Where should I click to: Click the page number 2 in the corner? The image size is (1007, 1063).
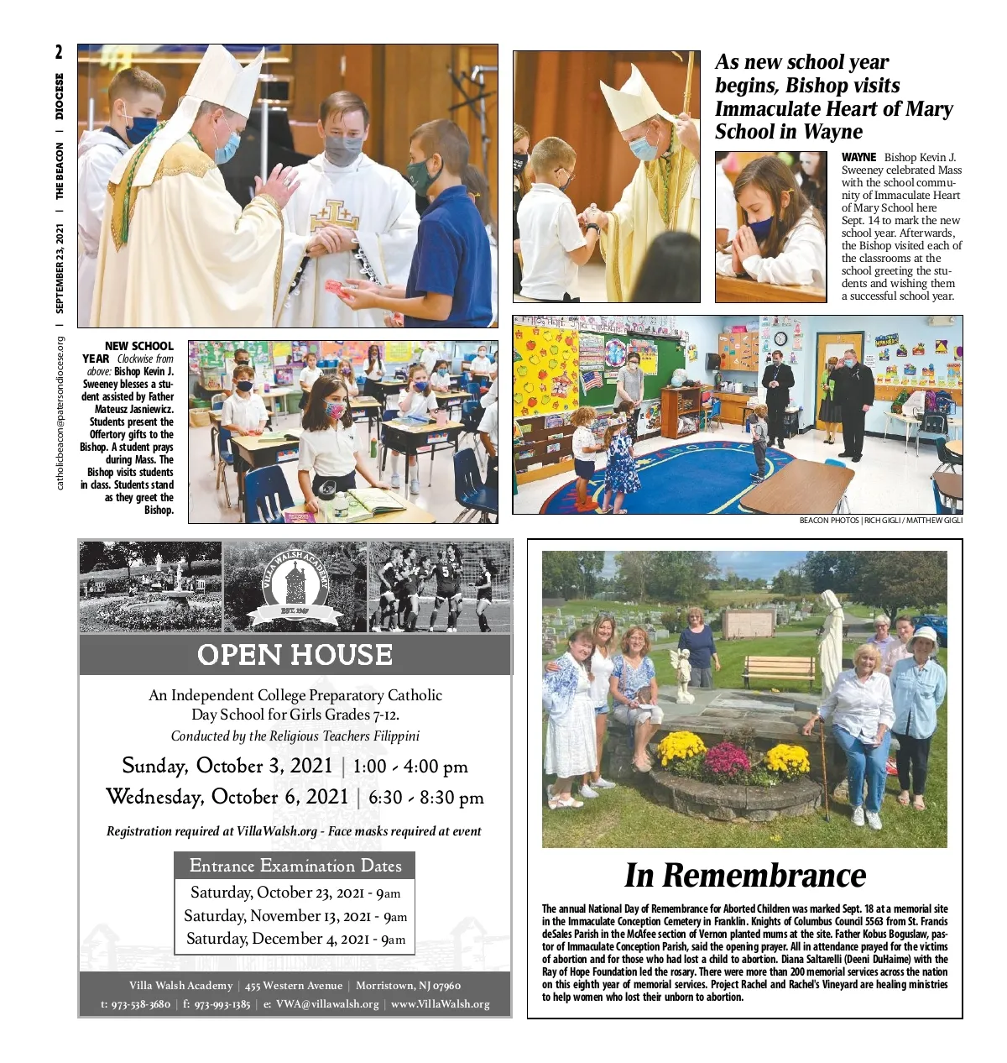(x=59, y=52)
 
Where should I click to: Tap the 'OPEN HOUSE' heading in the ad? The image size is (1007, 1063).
(x=295, y=655)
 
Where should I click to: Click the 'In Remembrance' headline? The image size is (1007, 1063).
(x=744, y=876)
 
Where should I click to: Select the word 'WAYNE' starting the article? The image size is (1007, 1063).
(x=858, y=157)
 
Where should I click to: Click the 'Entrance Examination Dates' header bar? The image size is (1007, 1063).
(x=295, y=866)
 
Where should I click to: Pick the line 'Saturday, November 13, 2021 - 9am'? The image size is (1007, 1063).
(x=295, y=916)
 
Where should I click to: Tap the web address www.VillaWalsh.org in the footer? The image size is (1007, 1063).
(x=440, y=1004)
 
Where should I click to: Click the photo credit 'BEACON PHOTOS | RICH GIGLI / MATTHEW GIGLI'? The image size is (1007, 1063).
(x=880, y=521)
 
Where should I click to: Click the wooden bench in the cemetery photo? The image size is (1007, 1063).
(x=778, y=668)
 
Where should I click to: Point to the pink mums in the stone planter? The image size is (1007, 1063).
(x=727, y=760)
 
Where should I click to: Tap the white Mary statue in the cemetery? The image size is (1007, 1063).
(x=830, y=638)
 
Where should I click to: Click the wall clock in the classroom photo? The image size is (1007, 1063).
(x=780, y=339)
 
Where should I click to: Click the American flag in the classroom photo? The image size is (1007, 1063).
(x=592, y=380)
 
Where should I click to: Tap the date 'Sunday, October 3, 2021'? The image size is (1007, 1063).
(x=227, y=766)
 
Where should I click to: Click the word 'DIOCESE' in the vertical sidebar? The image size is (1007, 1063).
(x=60, y=96)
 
